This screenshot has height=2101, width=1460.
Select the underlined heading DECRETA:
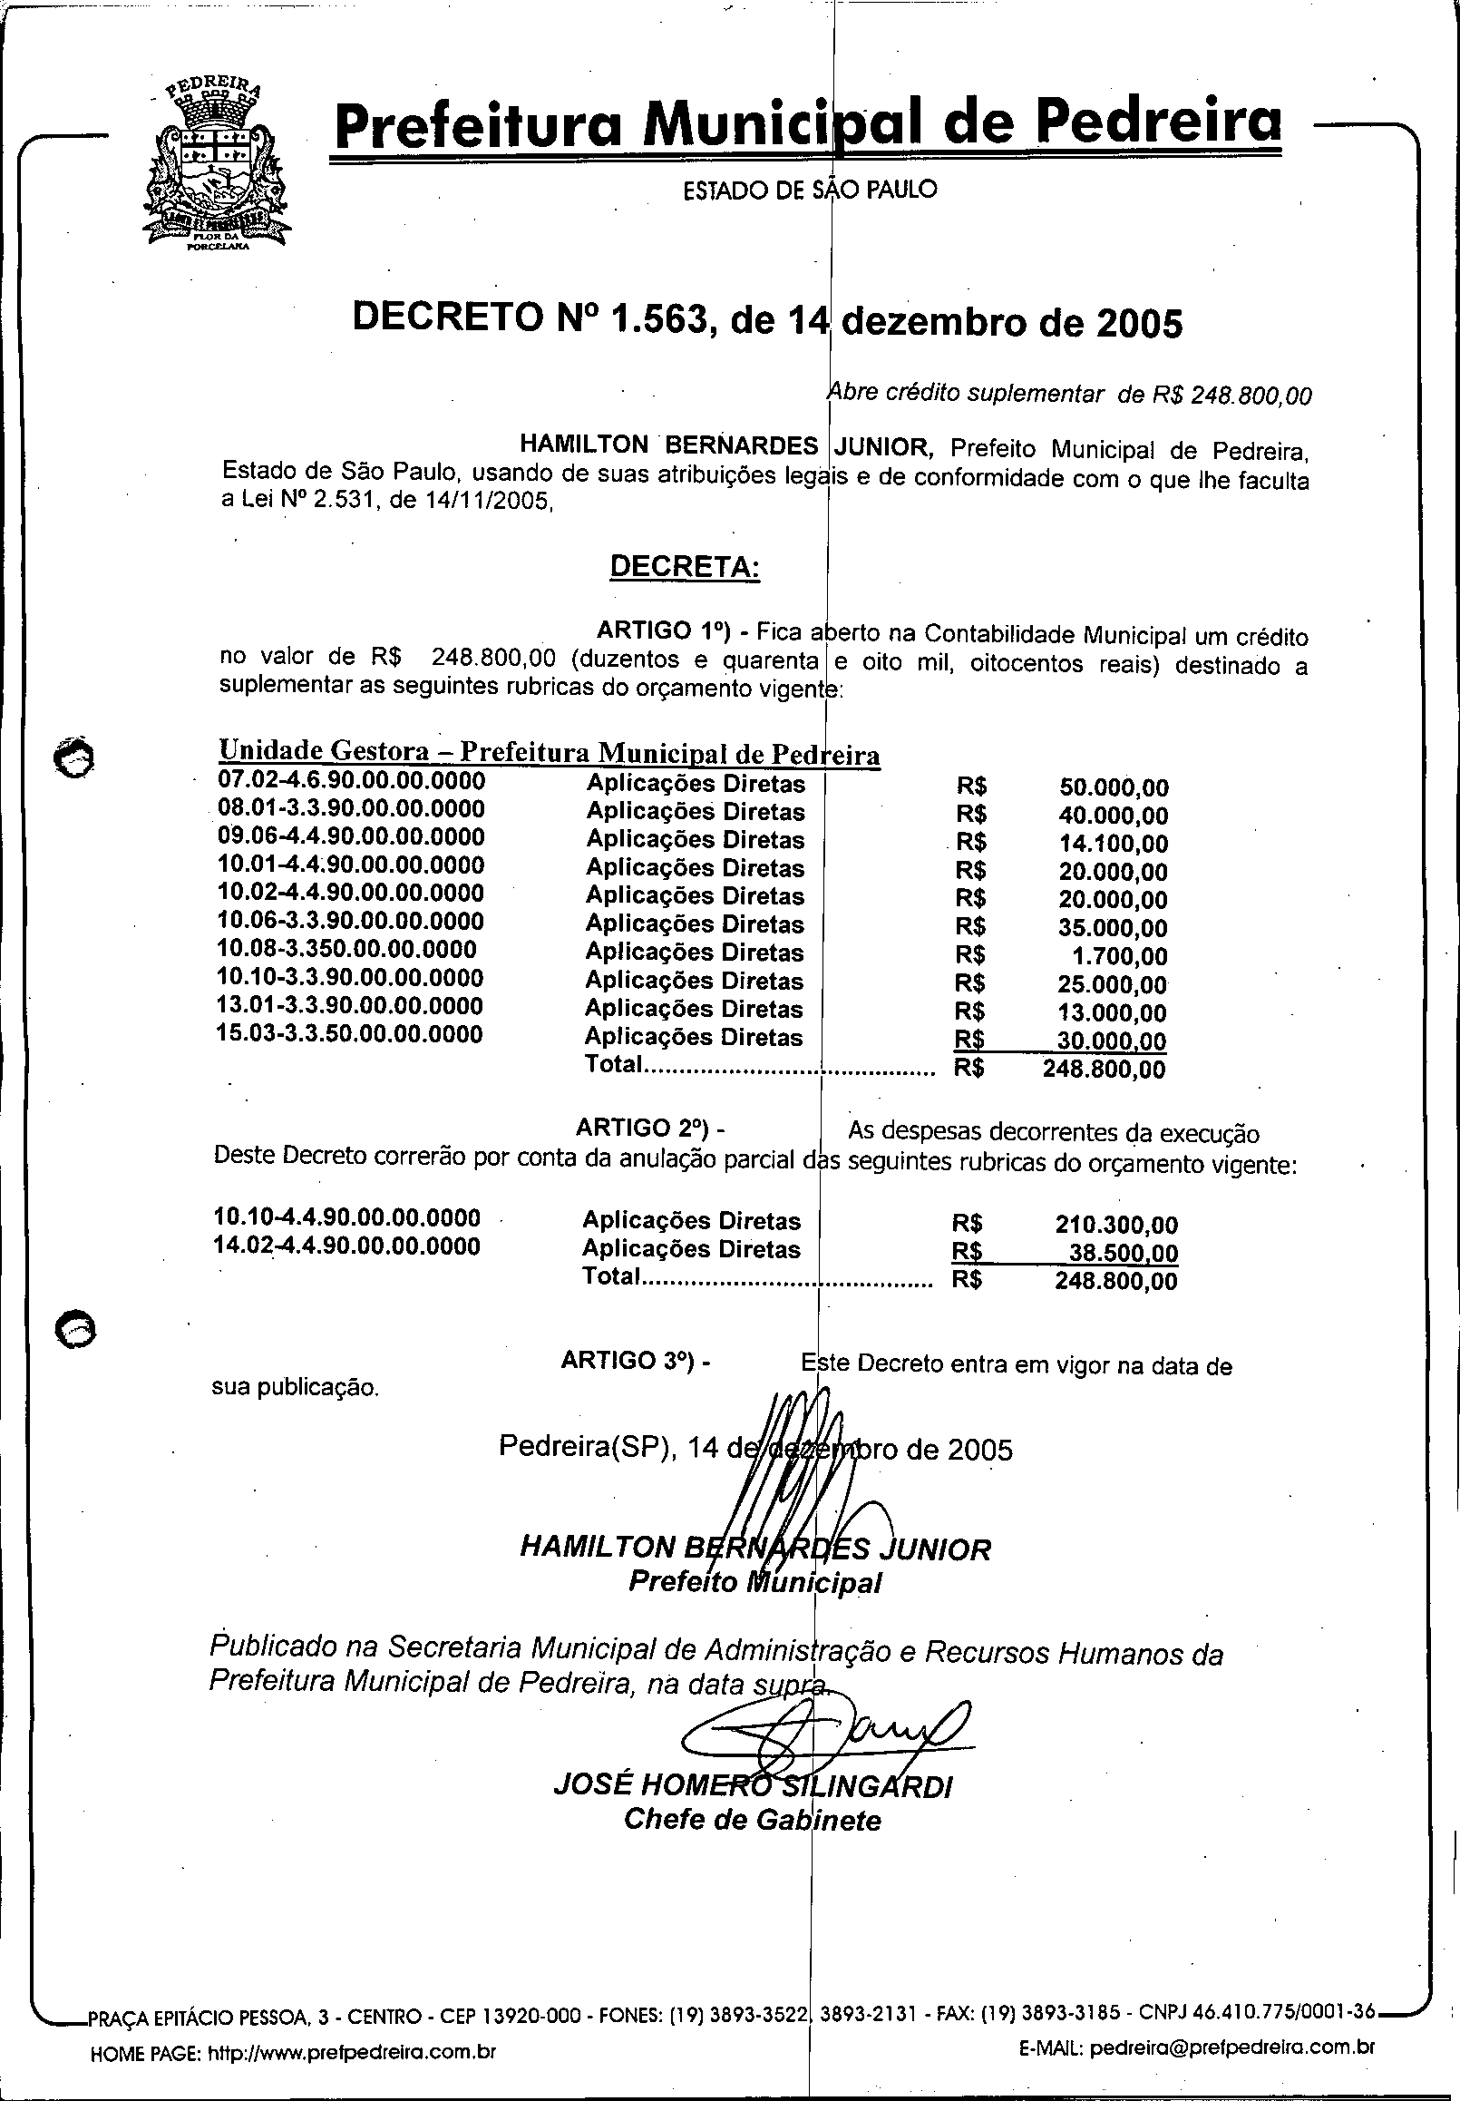685,566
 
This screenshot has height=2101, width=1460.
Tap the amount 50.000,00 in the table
1114,787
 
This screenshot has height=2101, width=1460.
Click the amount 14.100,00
1114,844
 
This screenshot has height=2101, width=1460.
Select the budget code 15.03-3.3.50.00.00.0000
350,1034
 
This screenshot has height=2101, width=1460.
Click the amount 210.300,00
1116,1225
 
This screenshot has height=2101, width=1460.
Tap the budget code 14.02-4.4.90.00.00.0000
346,1246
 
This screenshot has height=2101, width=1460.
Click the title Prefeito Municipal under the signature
754,1581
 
